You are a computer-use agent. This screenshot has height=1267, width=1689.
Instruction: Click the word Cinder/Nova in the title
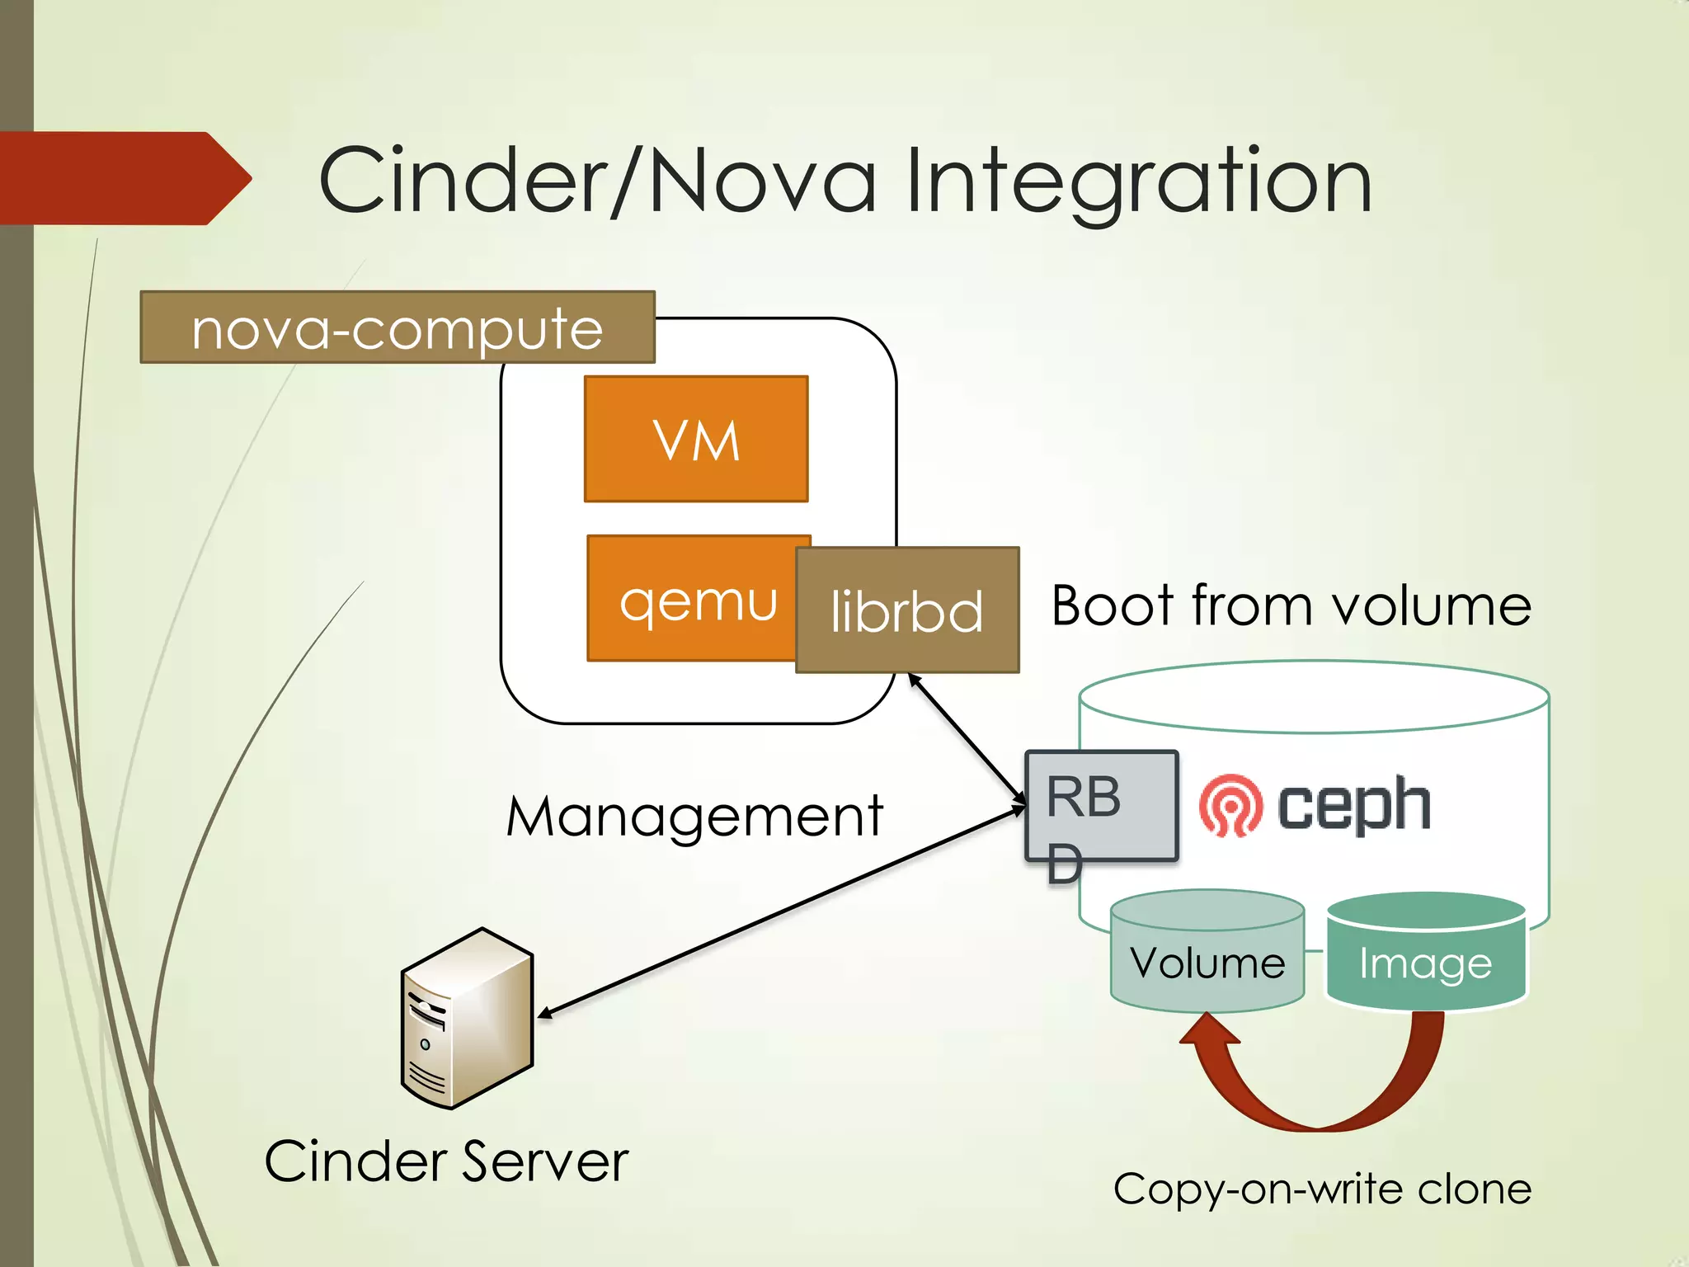(x=597, y=180)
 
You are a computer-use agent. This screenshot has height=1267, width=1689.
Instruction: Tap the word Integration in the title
(x=1138, y=180)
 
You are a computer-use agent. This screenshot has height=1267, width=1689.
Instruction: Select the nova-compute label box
(x=398, y=327)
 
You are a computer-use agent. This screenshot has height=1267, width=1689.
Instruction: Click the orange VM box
(x=696, y=439)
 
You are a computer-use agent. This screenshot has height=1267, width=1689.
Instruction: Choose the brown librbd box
(x=907, y=610)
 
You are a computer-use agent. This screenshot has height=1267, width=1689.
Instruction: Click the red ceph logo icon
(x=1230, y=805)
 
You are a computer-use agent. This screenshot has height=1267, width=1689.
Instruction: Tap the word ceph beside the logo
(x=1353, y=805)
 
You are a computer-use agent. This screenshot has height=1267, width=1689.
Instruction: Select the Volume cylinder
(x=1207, y=957)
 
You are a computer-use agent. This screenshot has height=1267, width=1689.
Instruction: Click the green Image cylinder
(x=1426, y=957)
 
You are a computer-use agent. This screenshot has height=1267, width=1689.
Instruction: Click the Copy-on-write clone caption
(x=1322, y=1189)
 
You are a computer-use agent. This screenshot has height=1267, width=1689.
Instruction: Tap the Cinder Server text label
(x=446, y=1161)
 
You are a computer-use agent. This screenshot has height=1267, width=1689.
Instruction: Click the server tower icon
(x=467, y=1019)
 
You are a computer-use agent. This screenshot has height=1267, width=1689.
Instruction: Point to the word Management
(x=694, y=817)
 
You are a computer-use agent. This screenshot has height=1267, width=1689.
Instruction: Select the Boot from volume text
(x=1291, y=606)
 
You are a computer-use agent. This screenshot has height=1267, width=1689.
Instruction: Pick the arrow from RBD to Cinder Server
(x=783, y=911)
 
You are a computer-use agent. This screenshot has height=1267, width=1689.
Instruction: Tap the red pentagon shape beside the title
(x=124, y=178)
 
